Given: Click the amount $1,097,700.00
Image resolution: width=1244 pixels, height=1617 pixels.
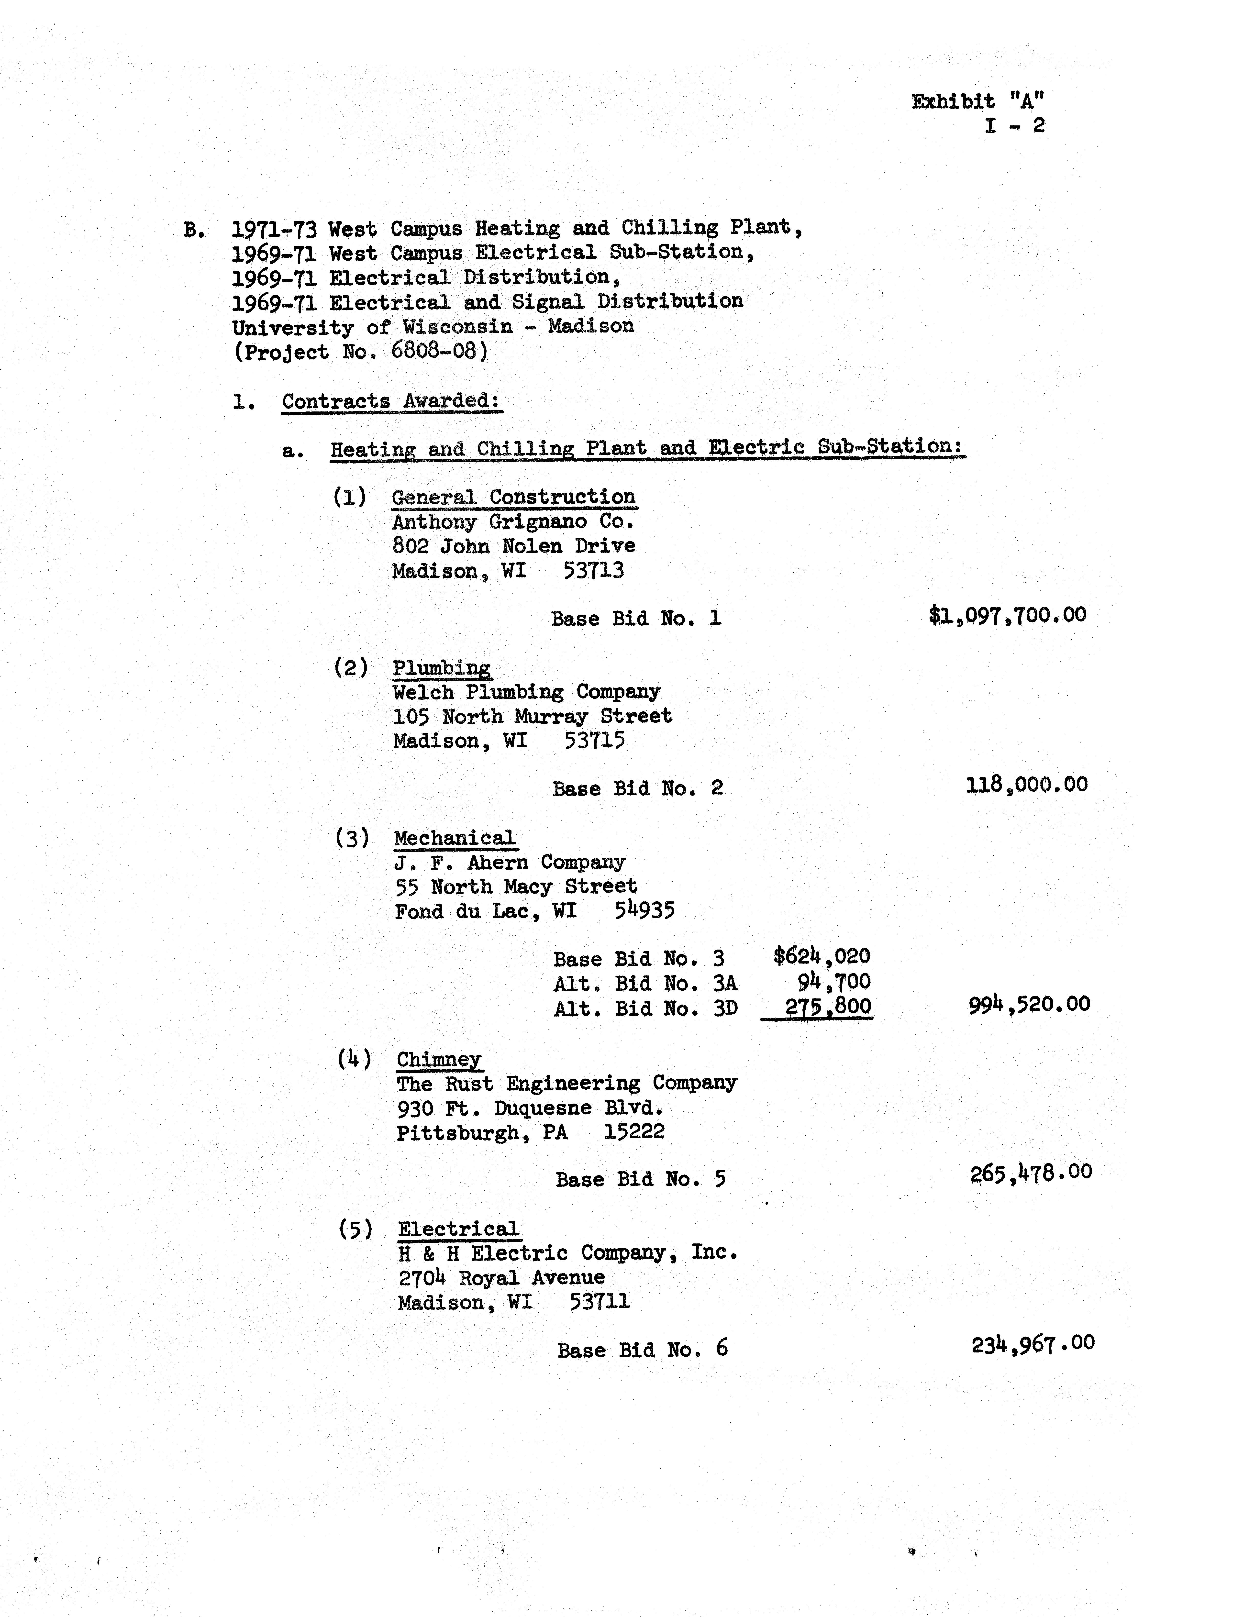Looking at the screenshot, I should tap(1007, 615).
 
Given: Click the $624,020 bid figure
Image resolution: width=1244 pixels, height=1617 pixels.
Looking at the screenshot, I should tap(822, 956).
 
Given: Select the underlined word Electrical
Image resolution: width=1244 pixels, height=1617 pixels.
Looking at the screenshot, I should tap(458, 1229).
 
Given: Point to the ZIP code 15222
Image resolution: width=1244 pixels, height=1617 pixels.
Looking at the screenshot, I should tap(634, 1131).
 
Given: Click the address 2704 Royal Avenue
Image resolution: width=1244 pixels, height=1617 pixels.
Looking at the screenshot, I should tap(501, 1278).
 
